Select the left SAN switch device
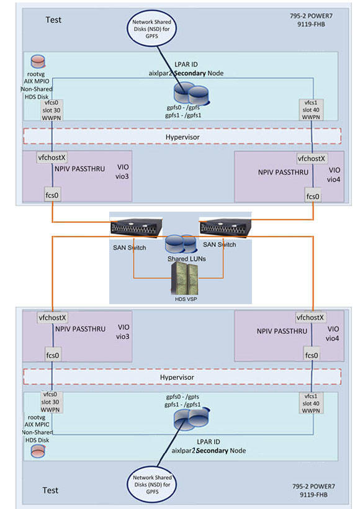[137, 228]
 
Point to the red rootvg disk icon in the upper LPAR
[38, 62]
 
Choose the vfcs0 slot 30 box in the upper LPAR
[52, 110]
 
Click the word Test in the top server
[54, 20]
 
